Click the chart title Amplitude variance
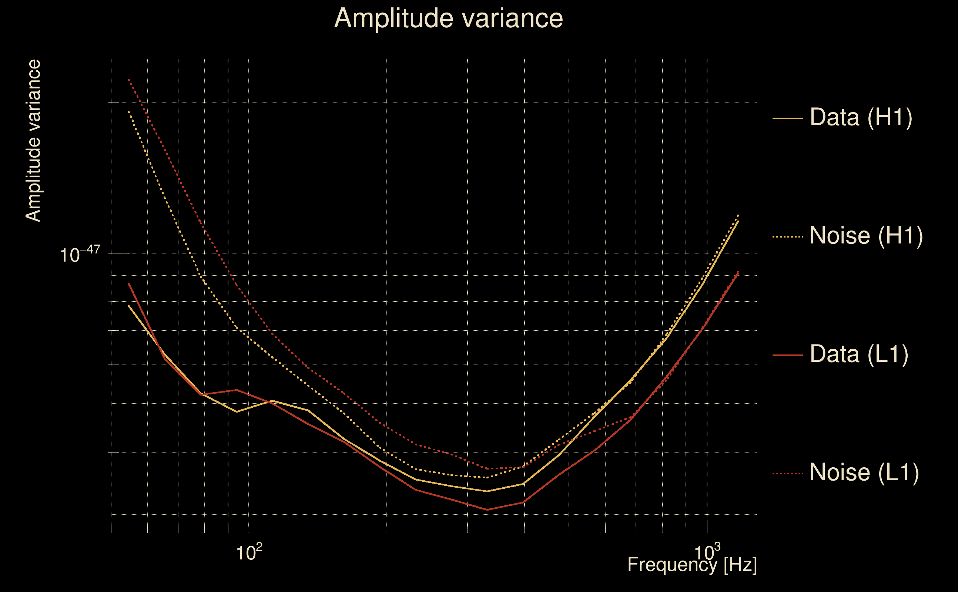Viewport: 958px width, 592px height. coord(448,18)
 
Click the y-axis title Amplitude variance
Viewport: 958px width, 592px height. coord(33,141)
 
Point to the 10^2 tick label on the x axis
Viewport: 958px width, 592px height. coord(249,552)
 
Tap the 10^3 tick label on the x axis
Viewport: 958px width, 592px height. coord(707,552)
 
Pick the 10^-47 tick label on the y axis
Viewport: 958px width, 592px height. coord(80,255)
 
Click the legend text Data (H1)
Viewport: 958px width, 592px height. coord(861,117)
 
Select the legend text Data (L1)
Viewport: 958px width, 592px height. coord(859,354)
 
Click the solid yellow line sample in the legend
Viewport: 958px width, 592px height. coord(788,118)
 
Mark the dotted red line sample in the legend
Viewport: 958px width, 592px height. coord(788,474)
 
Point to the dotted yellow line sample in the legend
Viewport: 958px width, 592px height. coord(788,237)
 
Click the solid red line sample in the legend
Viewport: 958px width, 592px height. coord(788,355)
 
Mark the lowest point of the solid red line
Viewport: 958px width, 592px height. coord(487,510)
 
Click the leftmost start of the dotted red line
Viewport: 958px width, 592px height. coord(129,80)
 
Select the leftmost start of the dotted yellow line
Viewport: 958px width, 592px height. coord(129,112)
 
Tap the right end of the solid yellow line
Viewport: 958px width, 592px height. coord(738,221)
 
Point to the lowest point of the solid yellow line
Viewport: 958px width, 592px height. coord(487,491)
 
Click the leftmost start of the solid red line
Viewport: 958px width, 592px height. coord(129,283)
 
